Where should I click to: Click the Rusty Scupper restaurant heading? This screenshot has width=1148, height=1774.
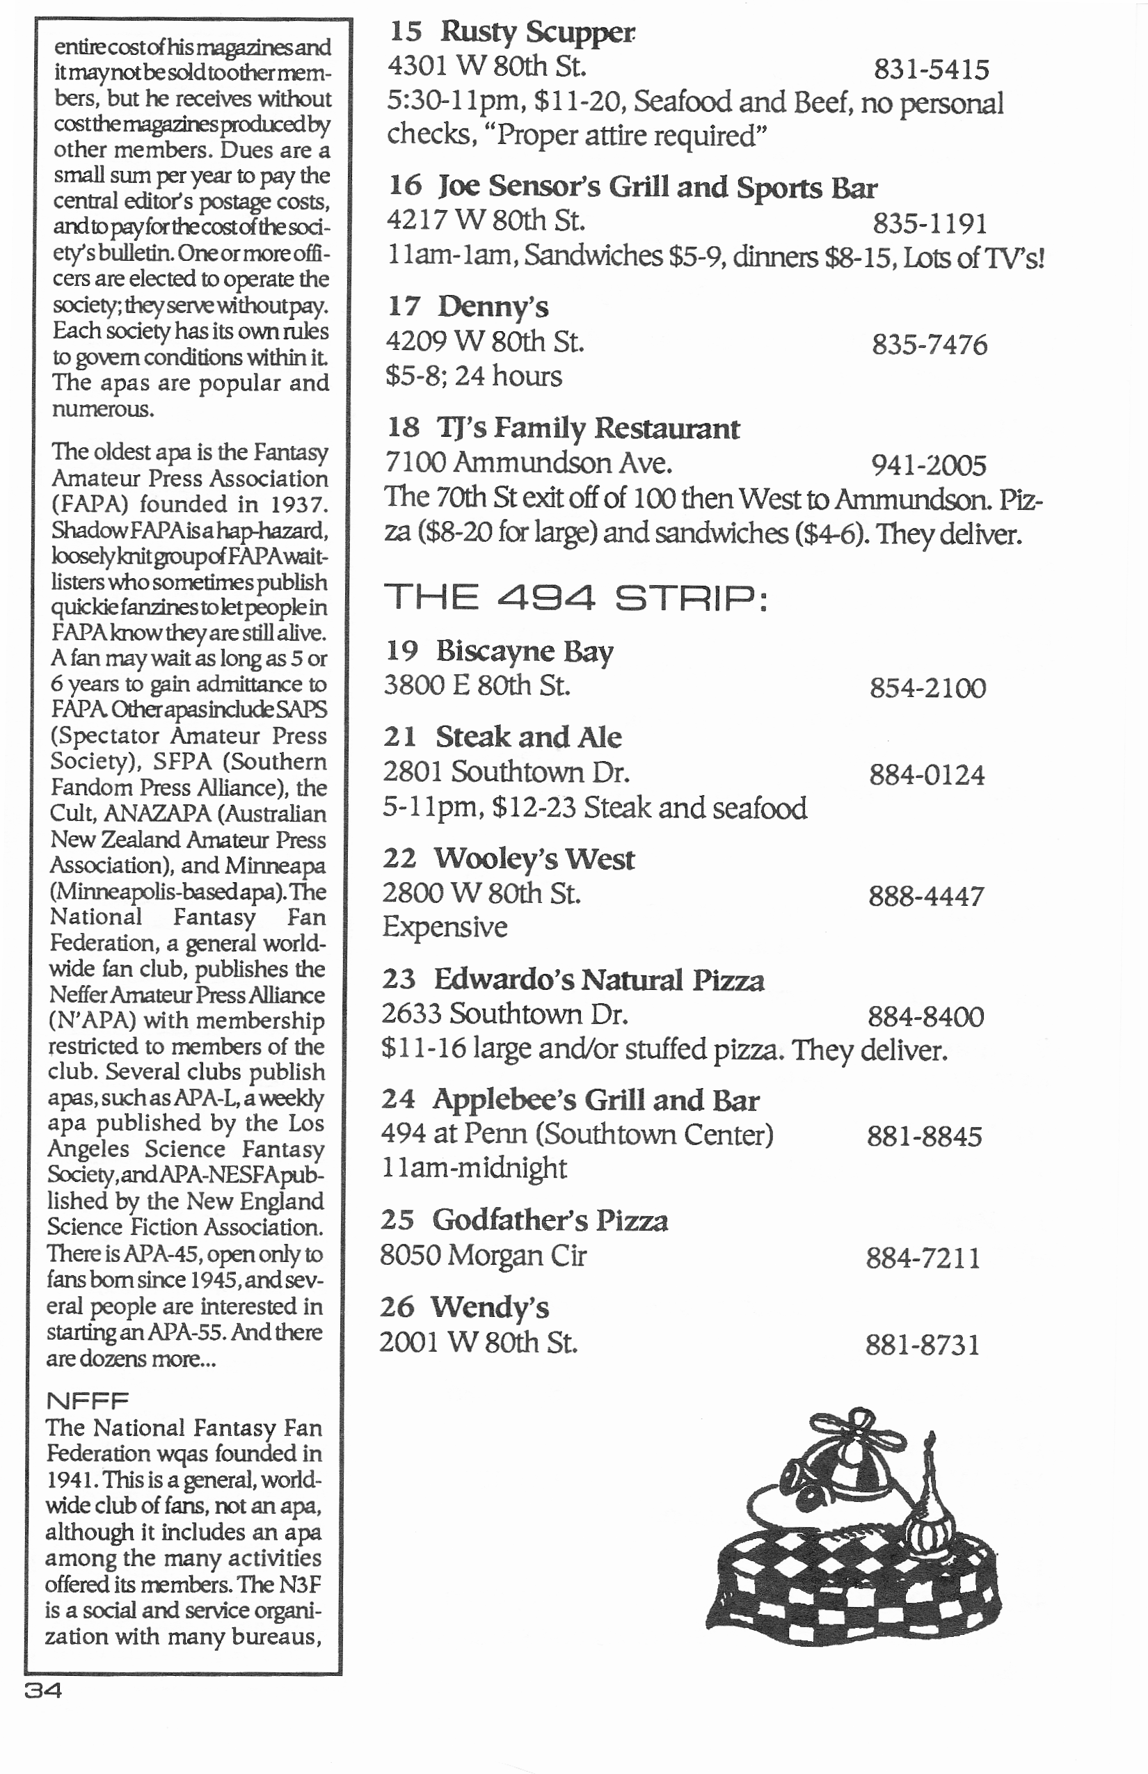coord(536,32)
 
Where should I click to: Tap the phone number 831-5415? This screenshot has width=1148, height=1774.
coord(931,70)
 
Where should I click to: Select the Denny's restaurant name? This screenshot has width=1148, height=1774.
coord(493,307)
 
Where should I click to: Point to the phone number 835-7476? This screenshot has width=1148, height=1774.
coord(930,345)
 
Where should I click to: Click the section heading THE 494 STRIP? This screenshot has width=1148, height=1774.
coord(575,598)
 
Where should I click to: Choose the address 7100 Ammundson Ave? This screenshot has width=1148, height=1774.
coord(529,463)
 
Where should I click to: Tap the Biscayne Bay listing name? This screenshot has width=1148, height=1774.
coord(524,651)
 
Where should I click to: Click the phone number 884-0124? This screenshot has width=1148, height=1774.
coord(927,776)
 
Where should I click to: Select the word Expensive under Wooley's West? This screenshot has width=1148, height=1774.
coord(445,927)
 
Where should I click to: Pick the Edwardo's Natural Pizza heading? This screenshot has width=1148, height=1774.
coord(598,980)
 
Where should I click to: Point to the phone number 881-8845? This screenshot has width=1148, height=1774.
coord(925,1137)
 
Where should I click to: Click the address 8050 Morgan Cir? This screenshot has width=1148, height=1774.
coord(483,1256)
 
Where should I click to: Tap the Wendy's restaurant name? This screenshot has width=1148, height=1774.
coord(490,1308)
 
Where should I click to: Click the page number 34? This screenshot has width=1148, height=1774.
coord(43,1691)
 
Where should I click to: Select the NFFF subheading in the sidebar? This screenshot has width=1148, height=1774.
coord(87,1401)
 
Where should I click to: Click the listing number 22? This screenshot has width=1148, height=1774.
coord(399,859)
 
